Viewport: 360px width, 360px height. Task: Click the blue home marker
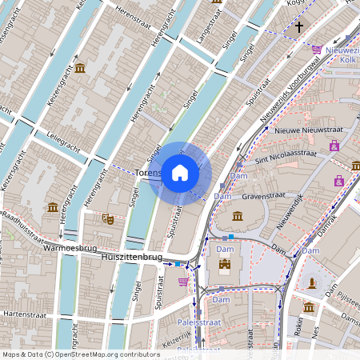tap(180, 173)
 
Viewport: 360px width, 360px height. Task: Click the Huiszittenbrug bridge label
tap(132, 258)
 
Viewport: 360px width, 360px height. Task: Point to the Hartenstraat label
tap(27, 314)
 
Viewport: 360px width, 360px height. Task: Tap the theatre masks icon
tap(108, 218)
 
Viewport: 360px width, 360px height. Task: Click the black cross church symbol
tap(298, 27)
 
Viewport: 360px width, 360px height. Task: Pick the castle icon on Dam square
tap(224, 264)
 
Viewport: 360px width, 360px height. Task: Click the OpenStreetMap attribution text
tap(81, 354)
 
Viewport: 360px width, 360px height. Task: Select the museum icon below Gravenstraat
tap(238, 215)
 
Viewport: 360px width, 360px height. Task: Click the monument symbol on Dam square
tap(311, 282)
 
